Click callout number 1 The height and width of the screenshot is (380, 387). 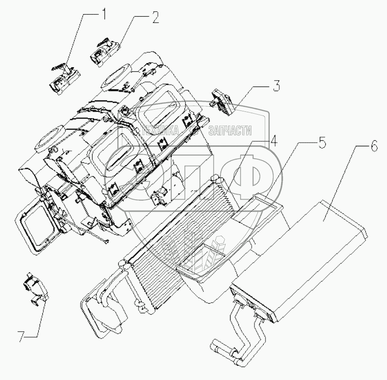coord(104,14)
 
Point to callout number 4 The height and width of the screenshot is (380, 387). coord(274,142)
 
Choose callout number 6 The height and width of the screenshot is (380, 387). coord(373,147)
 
